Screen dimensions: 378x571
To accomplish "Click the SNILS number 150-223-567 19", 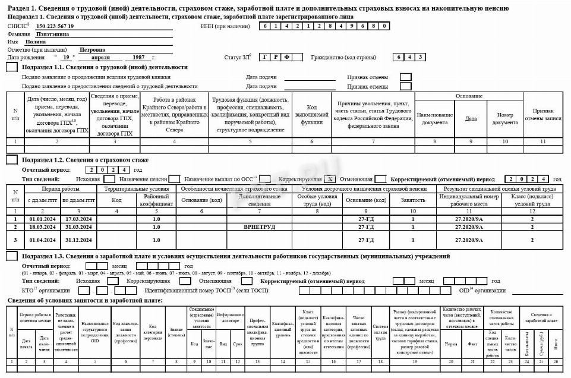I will (55, 26).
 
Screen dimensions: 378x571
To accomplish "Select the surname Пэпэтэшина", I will (52, 34).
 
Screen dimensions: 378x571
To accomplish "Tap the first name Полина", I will (36, 42).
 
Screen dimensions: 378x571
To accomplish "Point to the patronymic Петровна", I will (92, 50).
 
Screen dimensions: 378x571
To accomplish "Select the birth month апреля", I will (100, 57).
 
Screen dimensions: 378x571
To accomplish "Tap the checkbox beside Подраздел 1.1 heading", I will (11, 67).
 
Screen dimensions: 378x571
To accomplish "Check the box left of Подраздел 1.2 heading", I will (11, 160).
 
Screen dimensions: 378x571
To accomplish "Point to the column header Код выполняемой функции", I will (311, 114).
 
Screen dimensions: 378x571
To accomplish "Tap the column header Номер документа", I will (505, 118).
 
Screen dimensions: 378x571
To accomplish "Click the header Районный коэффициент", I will (156, 200).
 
